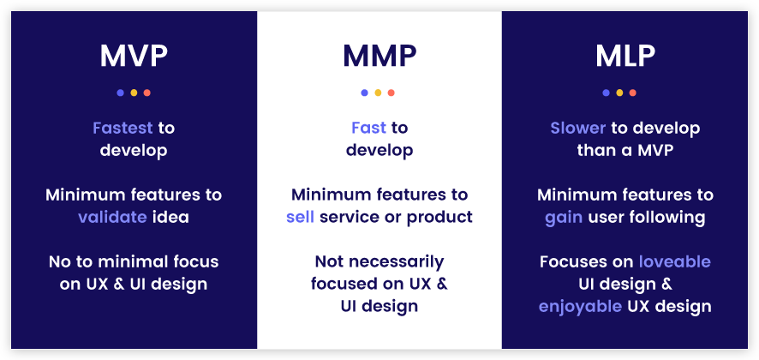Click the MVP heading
tap(134, 56)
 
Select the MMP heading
tap(379, 56)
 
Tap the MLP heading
tap(625, 56)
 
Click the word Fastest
tap(123, 128)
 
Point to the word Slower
tap(579, 128)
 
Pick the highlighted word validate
tap(112, 217)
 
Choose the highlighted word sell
tap(300, 217)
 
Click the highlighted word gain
tap(563, 217)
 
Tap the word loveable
tap(675, 261)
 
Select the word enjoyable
tap(581, 306)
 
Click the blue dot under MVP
tap(120, 93)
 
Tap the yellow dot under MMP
tap(378, 93)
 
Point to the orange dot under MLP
tap(633, 93)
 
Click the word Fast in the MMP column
tap(368, 128)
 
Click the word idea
tap(170, 217)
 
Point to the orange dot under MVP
tap(147, 93)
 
